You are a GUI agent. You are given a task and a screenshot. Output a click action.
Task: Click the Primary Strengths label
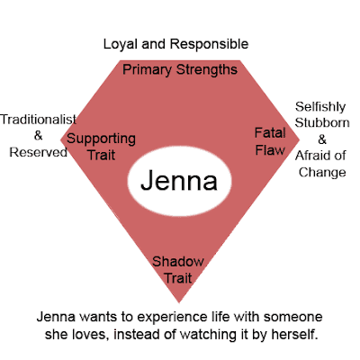click(179, 69)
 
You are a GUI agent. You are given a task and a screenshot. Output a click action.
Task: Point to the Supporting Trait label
click(101, 147)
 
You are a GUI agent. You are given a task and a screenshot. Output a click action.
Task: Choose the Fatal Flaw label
click(269, 140)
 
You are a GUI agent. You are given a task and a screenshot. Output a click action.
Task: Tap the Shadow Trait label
click(177, 267)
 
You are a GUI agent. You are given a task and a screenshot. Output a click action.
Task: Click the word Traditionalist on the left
click(37, 119)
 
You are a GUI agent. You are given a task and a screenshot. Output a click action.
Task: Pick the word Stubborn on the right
click(319, 123)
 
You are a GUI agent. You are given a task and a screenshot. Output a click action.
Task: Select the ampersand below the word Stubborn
click(319, 139)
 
